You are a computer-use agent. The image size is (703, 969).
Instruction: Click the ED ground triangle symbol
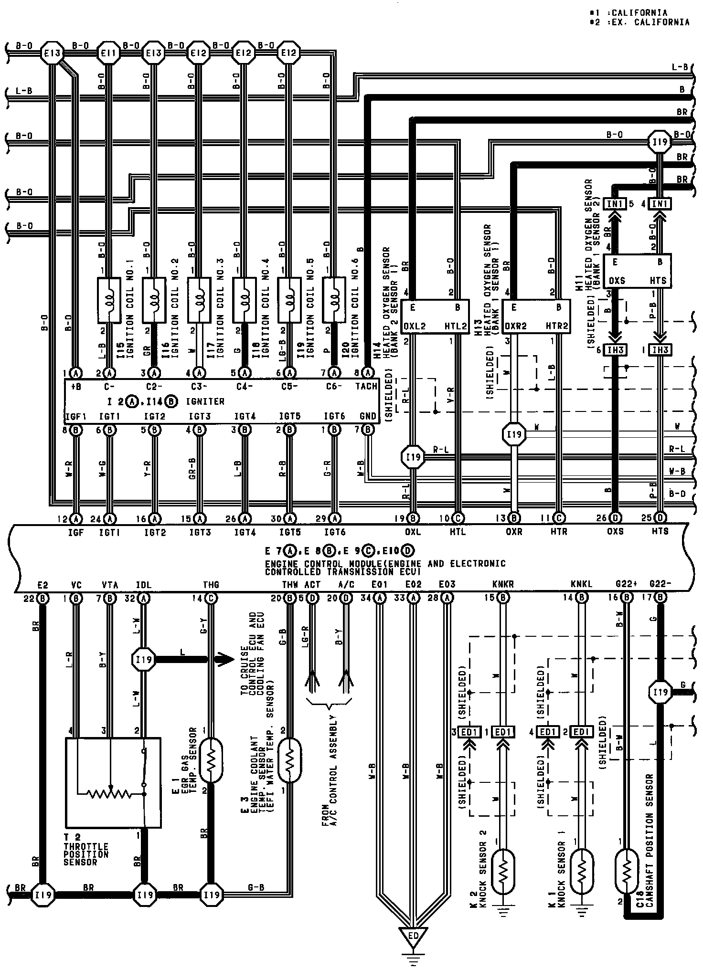coord(414,937)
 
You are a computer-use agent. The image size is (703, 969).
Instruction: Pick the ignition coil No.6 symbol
coord(334,300)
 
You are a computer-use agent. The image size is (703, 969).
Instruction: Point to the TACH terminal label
coord(366,386)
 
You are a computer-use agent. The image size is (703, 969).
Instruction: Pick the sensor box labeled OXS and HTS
coord(637,271)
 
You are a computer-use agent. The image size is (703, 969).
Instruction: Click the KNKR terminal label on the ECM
coord(503,584)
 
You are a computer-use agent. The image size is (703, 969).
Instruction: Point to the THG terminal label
coord(211,584)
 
